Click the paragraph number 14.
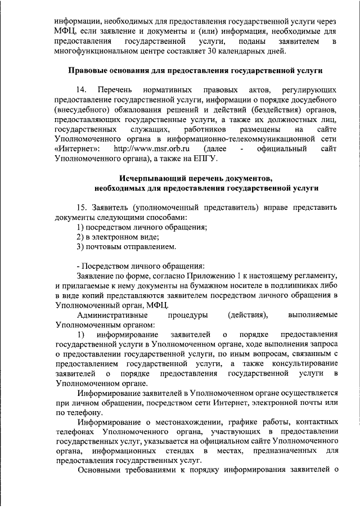[82, 90]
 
